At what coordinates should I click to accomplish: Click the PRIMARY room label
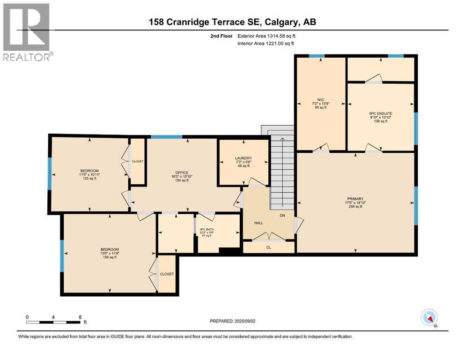pos(355,198)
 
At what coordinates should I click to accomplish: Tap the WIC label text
pos(320,99)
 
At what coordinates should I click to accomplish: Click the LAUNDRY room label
pos(244,158)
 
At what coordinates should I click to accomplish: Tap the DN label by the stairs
pos(282,216)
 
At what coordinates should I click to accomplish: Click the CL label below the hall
pos(268,247)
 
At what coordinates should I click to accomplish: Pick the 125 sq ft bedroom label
pos(89,171)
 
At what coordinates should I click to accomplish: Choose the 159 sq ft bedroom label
pos(109,249)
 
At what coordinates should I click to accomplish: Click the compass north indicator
pos(429,318)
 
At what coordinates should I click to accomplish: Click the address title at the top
pos(232,22)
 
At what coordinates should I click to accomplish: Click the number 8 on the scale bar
pos(81,317)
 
